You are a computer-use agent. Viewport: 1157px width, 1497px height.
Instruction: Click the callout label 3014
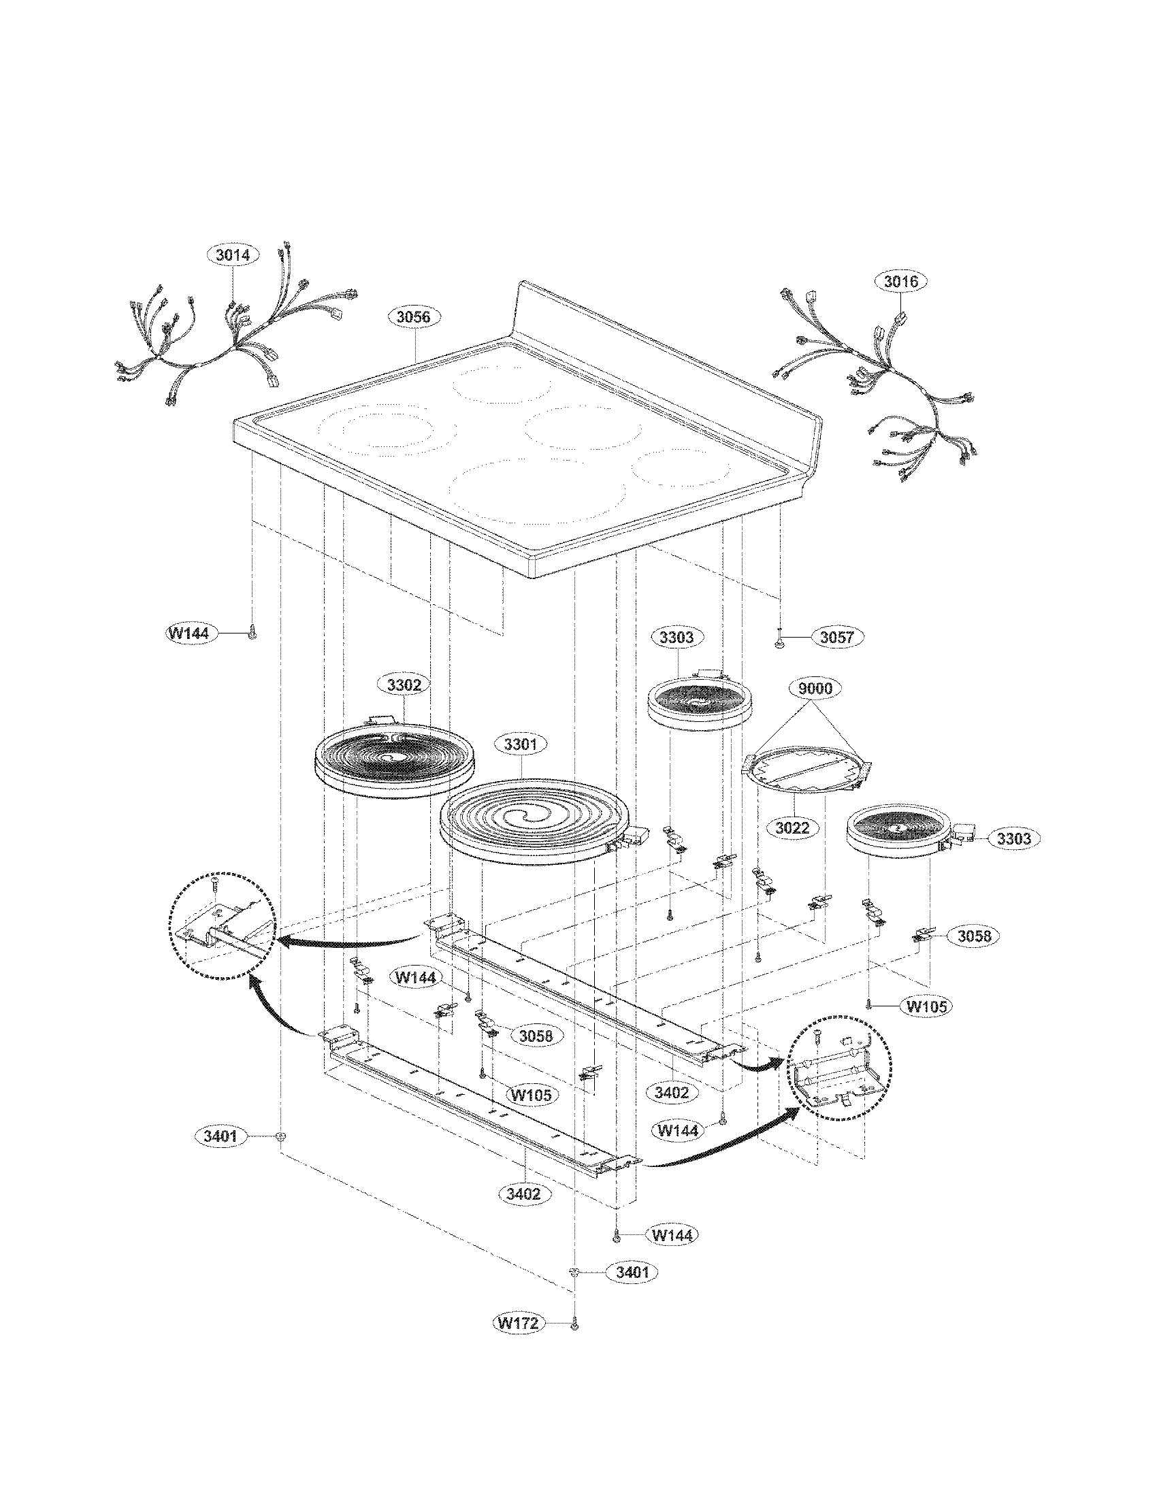point(233,255)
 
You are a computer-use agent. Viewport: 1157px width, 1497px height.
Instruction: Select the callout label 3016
point(900,281)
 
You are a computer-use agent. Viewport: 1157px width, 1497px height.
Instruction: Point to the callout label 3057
point(837,637)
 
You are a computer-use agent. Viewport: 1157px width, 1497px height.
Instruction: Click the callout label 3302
point(404,685)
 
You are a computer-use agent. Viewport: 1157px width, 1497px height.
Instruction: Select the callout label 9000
point(815,688)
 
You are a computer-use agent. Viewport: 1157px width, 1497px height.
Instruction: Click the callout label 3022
point(792,827)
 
